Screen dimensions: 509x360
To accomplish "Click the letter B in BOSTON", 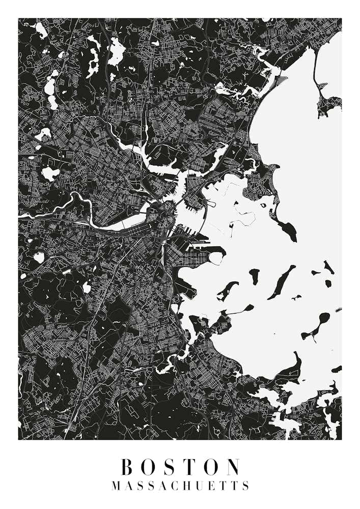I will coord(127,467).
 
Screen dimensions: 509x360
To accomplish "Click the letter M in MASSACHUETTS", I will coord(116,486).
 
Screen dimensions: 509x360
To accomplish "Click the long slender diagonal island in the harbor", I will coord(282,281).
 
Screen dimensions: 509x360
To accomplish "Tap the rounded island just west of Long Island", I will coord(254,277).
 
